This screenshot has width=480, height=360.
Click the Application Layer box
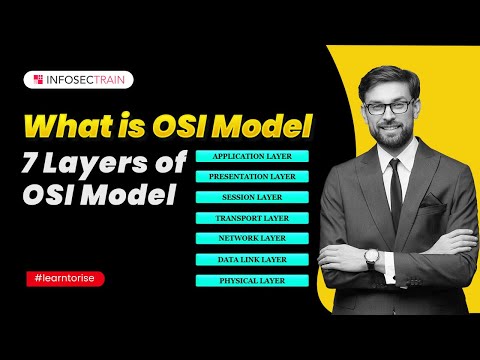click(253, 157)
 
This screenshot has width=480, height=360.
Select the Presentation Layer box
click(253, 177)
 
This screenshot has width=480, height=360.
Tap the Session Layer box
click(253, 197)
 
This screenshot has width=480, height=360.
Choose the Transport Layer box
click(253, 218)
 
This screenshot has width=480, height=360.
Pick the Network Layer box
click(253, 239)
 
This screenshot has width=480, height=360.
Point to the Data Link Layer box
click(253, 260)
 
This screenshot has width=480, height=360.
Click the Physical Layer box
click(253, 281)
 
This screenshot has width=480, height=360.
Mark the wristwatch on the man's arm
click(371, 259)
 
